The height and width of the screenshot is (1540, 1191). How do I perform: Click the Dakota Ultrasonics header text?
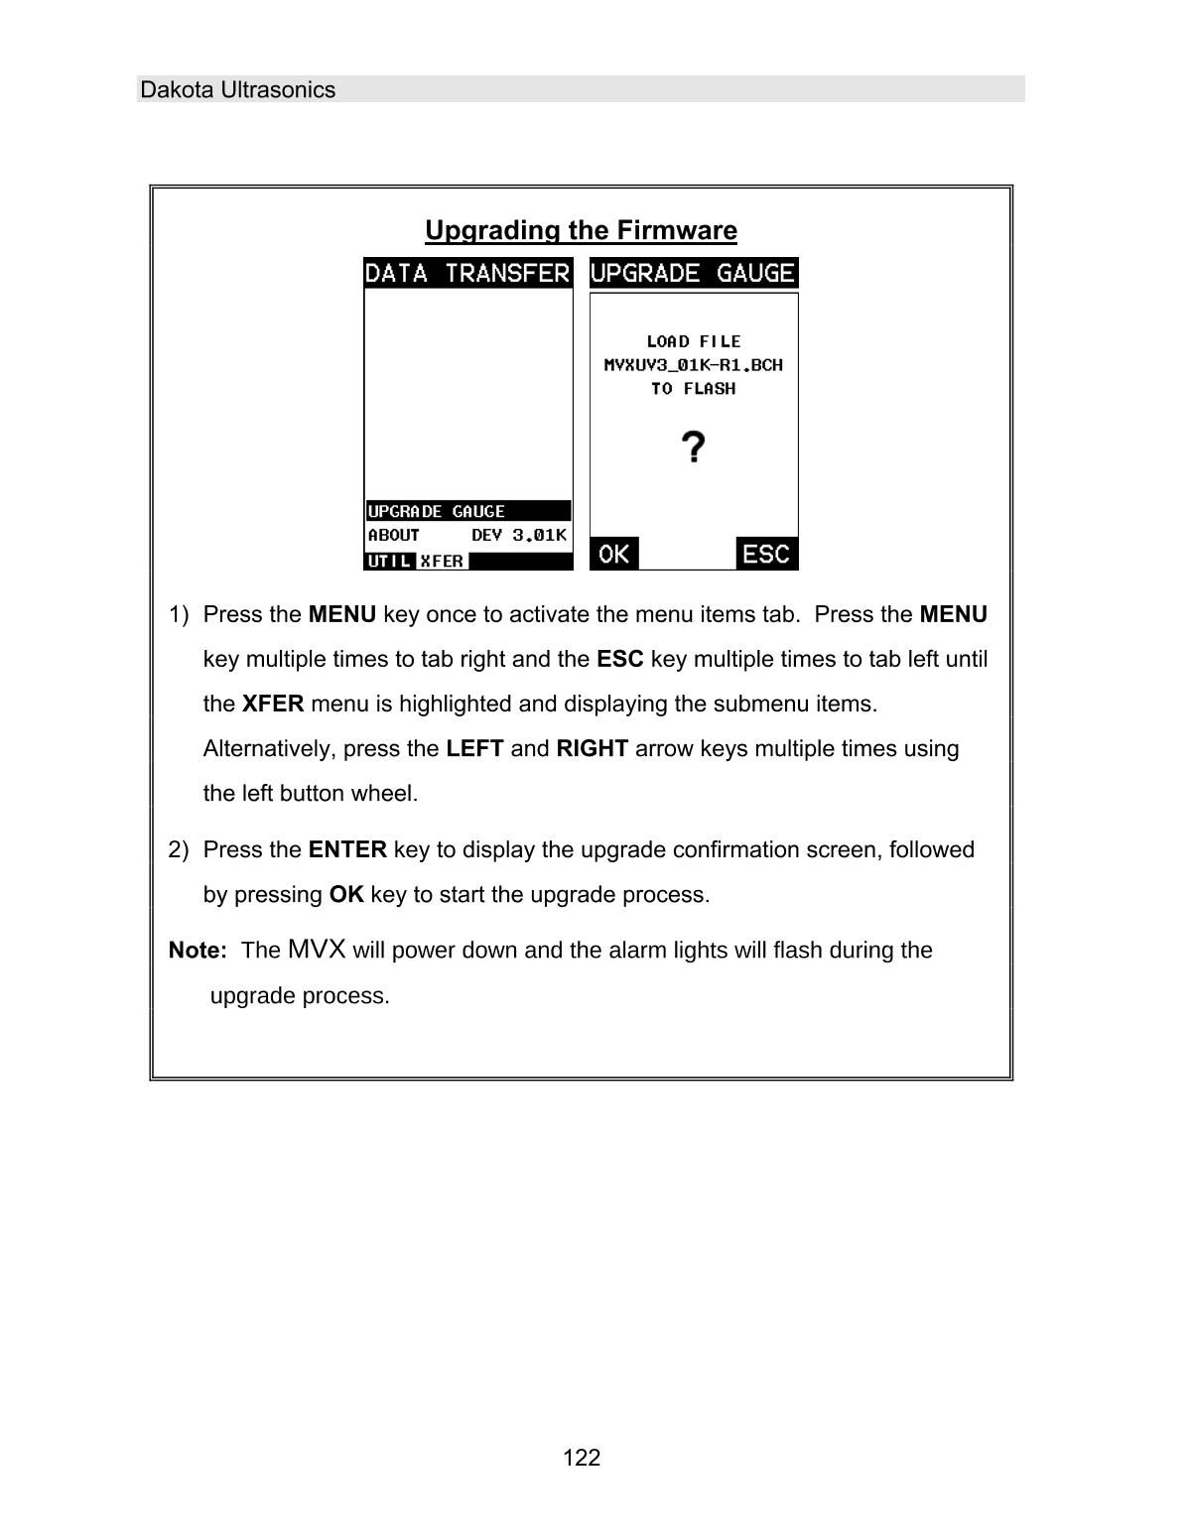(237, 90)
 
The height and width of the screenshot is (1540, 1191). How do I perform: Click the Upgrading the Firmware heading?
(581, 230)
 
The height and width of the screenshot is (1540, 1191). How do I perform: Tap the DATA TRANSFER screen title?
(467, 273)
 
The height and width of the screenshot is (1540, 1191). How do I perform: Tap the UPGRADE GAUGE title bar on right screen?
(693, 273)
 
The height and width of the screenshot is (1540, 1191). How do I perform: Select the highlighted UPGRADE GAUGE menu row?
(437, 511)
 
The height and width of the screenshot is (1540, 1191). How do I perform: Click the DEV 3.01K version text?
(518, 535)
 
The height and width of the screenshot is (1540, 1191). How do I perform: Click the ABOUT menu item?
(394, 535)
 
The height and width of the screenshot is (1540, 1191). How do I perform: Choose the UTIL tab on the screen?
(389, 561)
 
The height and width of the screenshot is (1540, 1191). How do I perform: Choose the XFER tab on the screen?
(442, 561)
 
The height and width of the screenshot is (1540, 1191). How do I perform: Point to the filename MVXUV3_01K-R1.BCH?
(693, 365)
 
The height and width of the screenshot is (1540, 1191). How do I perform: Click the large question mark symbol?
(695, 448)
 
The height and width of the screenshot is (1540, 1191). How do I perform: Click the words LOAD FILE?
(693, 341)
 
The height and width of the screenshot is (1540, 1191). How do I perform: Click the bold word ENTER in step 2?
(347, 849)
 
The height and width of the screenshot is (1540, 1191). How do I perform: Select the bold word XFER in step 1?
(273, 704)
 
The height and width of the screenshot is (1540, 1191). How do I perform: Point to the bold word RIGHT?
(592, 748)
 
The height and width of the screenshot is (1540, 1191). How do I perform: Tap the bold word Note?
(198, 951)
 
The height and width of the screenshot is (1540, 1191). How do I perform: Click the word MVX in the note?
(317, 950)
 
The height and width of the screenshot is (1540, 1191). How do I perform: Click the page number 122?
(582, 1458)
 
